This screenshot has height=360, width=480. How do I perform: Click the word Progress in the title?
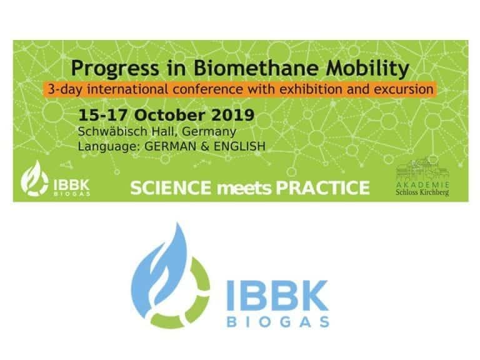pyautogui.click(x=115, y=69)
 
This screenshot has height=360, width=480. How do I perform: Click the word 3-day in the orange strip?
pyautogui.click(x=65, y=90)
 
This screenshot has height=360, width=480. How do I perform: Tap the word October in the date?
pyautogui.click(x=169, y=115)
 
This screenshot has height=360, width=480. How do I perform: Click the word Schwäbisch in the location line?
pyautogui.click(x=112, y=131)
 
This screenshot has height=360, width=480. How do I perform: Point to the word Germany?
pyautogui.click(x=209, y=132)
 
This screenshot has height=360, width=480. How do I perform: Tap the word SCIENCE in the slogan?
pyautogui.click(x=171, y=187)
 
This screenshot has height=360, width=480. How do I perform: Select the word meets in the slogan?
pyautogui.click(x=244, y=189)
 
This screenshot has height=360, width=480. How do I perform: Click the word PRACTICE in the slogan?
pyautogui.click(x=323, y=187)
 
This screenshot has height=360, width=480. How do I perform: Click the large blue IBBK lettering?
pyautogui.click(x=277, y=296)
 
